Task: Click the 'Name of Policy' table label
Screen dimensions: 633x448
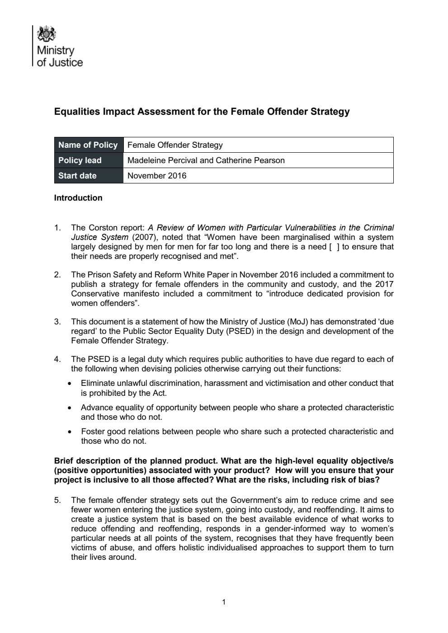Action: [x=88, y=145]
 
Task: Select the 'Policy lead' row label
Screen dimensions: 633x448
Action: [x=80, y=160]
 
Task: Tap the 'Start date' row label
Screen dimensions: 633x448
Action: [x=77, y=176]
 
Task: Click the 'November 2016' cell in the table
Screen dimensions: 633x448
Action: [x=156, y=176]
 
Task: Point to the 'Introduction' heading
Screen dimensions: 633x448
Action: [x=78, y=198]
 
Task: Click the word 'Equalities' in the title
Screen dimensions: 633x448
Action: [x=75, y=111]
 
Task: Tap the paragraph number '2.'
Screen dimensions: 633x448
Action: [x=57, y=275]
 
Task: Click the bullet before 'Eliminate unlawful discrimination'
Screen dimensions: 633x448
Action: [x=69, y=384]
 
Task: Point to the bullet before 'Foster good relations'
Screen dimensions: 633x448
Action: [x=69, y=432]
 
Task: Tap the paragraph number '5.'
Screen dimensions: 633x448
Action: [x=57, y=500]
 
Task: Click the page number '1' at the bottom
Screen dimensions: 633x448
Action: [x=224, y=602]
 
